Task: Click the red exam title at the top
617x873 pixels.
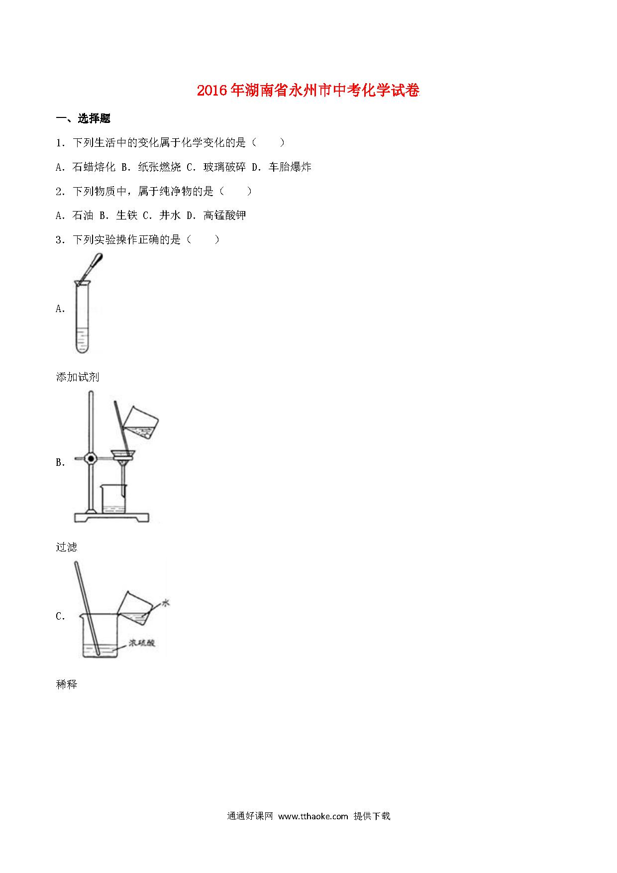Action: [308, 90]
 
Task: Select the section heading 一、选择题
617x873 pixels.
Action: [83, 118]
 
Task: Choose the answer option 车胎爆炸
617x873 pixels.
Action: [290, 167]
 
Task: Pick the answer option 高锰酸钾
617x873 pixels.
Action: [225, 215]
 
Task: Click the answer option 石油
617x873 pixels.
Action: [83, 215]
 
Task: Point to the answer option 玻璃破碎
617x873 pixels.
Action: [224, 167]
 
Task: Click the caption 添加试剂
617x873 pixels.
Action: [78, 377]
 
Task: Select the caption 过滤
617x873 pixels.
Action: [67, 547]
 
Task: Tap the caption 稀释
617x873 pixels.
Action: [67, 684]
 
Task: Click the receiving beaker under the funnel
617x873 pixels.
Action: [114, 499]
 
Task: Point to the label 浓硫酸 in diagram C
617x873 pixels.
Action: [142, 643]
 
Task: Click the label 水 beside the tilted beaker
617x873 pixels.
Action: [166, 603]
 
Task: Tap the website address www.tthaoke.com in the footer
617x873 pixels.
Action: [313, 816]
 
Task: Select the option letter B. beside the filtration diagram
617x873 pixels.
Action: [61, 462]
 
